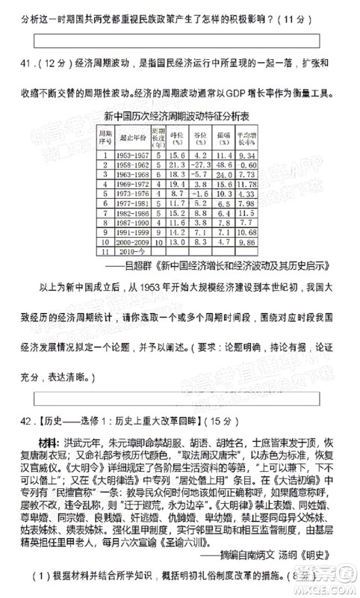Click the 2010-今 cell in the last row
coord(129,253)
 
